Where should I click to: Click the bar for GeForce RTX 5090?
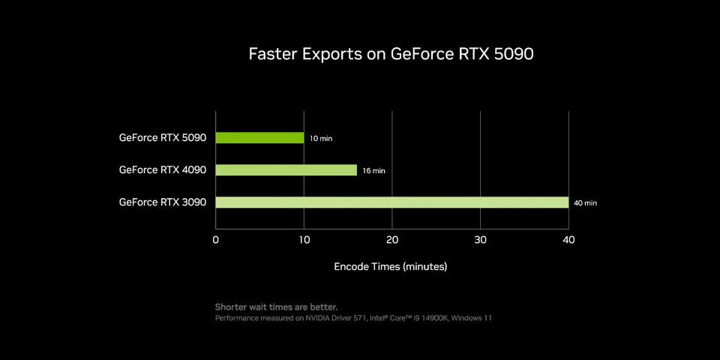coord(259,138)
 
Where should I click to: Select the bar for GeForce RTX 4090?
coord(286,170)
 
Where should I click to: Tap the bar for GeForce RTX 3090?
coord(391,202)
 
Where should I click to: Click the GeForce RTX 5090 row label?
coord(162,138)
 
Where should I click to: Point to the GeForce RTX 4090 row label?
coord(162,170)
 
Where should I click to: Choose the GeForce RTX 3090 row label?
coord(162,202)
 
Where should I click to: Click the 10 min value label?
coord(320,139)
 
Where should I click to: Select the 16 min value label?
coord(373,171)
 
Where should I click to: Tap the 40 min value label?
coord(585,203)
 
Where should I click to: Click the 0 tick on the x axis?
coord(216,240)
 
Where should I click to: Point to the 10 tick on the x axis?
coord(304,240)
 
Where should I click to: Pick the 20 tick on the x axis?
coord(392,240)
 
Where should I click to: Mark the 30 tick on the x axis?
coord(481,240)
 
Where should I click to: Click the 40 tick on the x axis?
coord(568,240)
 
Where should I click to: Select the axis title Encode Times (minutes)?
coord(390,266)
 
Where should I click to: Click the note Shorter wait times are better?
coord(276,307)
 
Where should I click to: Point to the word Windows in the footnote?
coord(465,318)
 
